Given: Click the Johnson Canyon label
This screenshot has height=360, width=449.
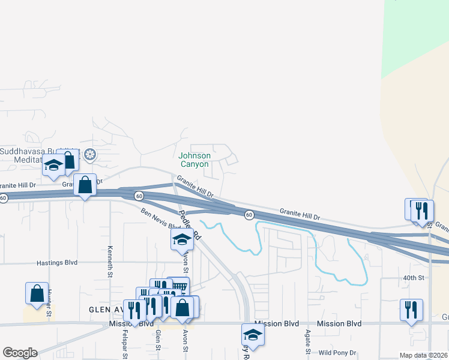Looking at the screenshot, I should (x=194, y=160).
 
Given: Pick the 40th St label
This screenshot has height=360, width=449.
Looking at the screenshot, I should (x=414, y=278).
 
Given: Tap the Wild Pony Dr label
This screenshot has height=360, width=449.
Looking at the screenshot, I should (x=337, y=353).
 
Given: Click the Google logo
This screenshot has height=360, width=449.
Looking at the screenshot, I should (x=20, y=353).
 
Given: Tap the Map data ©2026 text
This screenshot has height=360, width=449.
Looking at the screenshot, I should (x=423, y=355).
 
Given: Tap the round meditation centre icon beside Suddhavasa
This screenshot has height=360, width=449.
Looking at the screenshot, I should (x=90, y=155).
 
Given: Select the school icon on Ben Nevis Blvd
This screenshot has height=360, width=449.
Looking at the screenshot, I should (x=182, y=239).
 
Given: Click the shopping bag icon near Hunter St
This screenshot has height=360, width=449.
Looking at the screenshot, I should (x=37, y=293).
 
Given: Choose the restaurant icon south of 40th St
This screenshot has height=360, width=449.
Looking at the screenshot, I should (x=411, y=310).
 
